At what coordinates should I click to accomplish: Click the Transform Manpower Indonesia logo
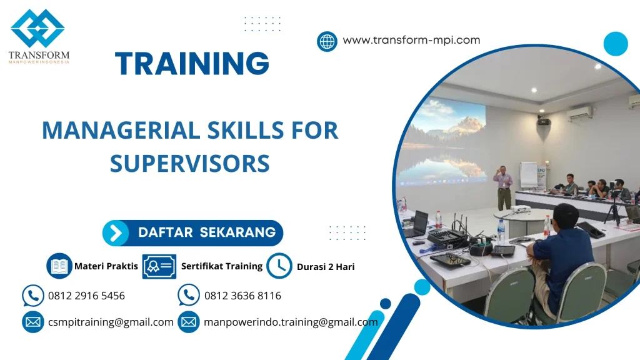pyautogui.click(x=38, y=36)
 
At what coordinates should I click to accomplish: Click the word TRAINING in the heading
pyautogui.click(x=192, y=64)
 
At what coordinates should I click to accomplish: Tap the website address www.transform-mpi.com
pyautogui.click(x=411, y=40)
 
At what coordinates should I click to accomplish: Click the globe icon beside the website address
pyautogui.click(x=327, y=41)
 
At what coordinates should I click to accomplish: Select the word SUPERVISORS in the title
pyautogui.click(x=190, y=164)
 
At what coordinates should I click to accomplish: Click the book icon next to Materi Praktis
pyautogui.click(x=59, y=266)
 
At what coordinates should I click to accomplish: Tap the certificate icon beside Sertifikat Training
pyautogui.click(x=159, y=266)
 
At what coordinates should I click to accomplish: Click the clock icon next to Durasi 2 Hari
pyautogui.click(x=279, y=266)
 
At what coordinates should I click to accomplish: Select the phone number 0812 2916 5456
pyautogui.click(x=86, y=296)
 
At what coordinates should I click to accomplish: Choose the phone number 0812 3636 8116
pyautogui.click(x=242, y=296)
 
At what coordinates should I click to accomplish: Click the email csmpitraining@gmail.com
pyautogui.click(x=111, y=322)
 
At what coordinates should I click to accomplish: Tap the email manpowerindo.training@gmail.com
pyautogui.click(x=291, y=322)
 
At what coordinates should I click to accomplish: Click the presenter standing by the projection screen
pyautogui.click(x=502, y=187)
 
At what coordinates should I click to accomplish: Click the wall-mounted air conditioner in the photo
pyautogui.click(x=579, y=113)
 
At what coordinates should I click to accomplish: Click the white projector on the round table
pyautogui.click(x=521, y=209)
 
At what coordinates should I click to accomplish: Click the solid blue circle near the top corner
pyautogui.click(x=615, y=44)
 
